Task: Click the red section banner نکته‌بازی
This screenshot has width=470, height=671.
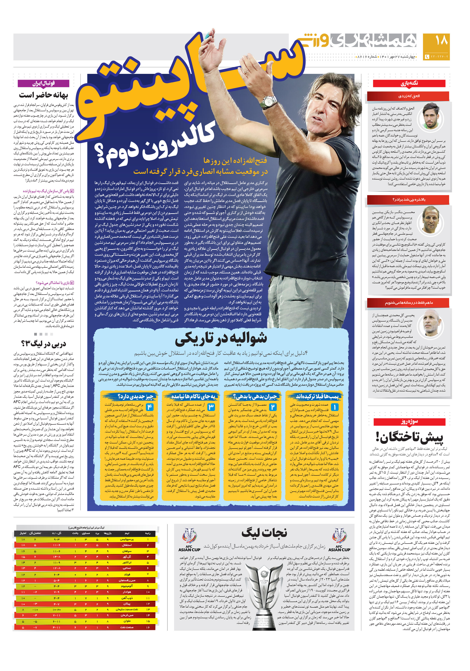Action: point(409,83)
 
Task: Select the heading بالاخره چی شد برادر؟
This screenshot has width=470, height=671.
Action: point(409,200)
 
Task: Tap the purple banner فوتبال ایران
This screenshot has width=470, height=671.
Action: point(44,83)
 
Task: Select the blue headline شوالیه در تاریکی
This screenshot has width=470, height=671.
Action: point(221,339)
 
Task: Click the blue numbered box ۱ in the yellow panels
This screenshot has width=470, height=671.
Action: point(334,407)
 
